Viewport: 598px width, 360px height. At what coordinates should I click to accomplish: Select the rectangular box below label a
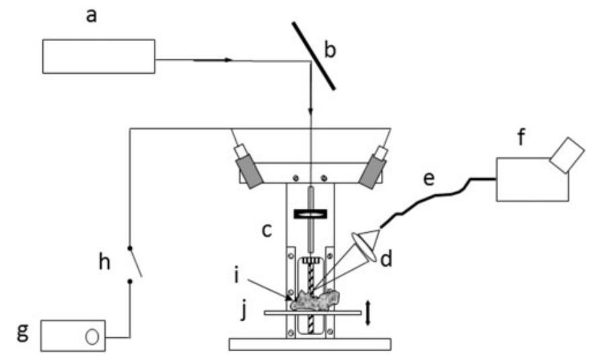click(x=99, y=56)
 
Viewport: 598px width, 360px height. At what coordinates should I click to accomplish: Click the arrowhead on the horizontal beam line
click(x=228, y=60)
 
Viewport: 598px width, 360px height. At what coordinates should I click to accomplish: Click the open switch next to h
click(x=136, y=263)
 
